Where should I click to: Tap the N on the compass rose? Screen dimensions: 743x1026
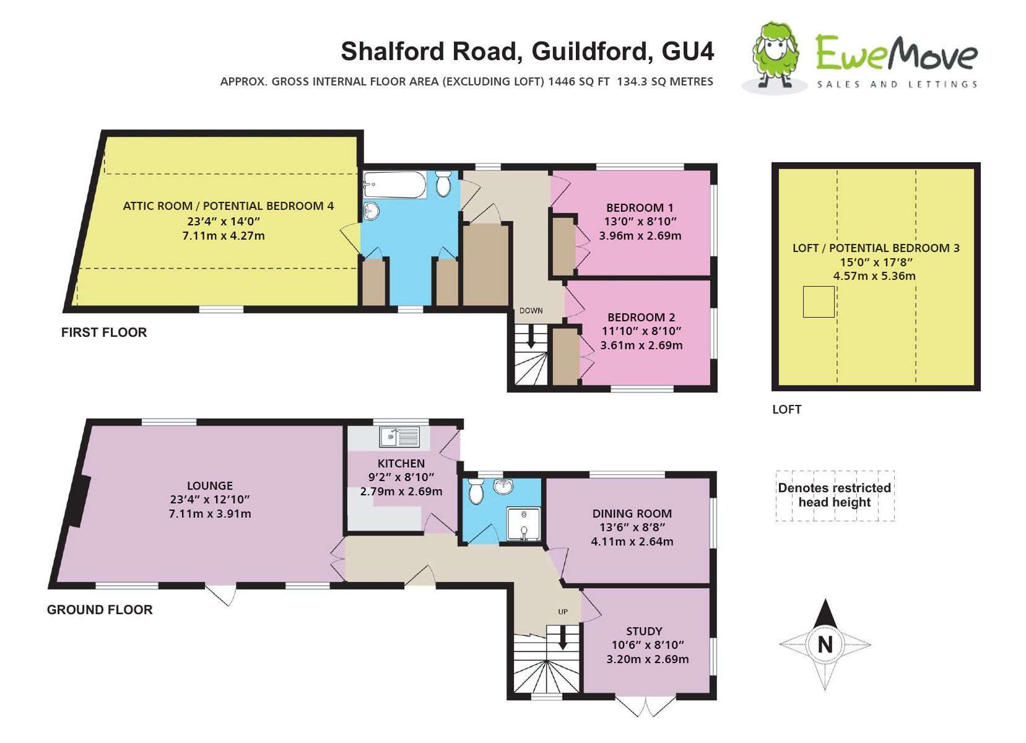[825, 645]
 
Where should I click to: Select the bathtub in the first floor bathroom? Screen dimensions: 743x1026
[394, 184]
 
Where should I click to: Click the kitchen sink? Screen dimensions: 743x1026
[399, 437]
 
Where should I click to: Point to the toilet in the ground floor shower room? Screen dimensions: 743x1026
[476, 490]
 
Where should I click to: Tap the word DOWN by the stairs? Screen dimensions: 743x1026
[531, 311]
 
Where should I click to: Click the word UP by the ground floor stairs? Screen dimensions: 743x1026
[562, 612]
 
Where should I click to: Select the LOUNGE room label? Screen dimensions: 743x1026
[210, 486]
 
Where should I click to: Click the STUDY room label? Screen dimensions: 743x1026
[644, 631]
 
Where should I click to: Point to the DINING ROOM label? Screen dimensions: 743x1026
[632, 513]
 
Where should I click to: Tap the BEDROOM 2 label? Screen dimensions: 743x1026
[641, 317]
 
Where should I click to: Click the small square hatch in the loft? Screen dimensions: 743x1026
[818, 302]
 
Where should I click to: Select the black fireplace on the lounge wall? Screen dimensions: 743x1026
[79, 501]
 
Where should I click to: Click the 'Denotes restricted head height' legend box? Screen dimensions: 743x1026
[834, 495]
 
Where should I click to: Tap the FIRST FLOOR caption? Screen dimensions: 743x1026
[104, 332]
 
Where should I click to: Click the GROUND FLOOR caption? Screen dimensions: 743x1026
[100, 610]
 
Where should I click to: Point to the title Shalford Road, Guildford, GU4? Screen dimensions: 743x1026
[528, 51]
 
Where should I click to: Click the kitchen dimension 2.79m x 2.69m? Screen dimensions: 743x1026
[401, 492]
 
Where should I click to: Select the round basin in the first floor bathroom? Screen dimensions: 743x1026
[372, 211]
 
